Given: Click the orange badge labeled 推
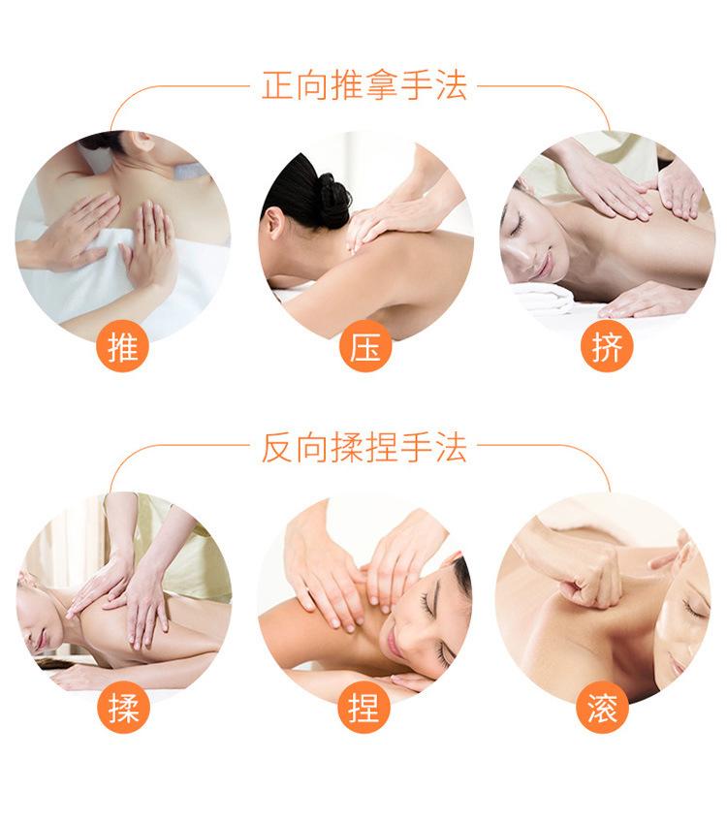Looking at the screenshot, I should point(123,347).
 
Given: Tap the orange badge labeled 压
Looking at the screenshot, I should point(365,347).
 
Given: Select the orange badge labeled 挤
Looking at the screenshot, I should point(607,347).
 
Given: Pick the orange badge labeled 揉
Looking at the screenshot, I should point(123,709).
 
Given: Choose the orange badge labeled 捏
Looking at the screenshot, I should point(365,709).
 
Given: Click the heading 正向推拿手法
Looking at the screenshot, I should point(364,85).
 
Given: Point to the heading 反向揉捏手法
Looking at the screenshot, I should point(364,448).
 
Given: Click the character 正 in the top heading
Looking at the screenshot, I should point(277,85).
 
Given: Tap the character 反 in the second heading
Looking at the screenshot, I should point(277,448).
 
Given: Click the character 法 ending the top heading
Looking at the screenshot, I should point(452,85).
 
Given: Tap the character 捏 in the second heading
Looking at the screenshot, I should point(382,448).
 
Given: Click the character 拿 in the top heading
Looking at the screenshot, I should point(382,85).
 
